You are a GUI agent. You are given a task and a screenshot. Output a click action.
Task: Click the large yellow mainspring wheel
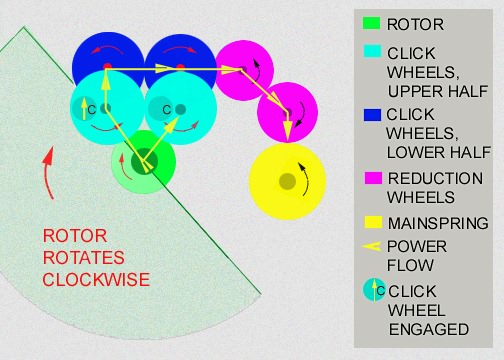[288, 180]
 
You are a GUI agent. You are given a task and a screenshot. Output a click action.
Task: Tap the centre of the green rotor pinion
[144, 159]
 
